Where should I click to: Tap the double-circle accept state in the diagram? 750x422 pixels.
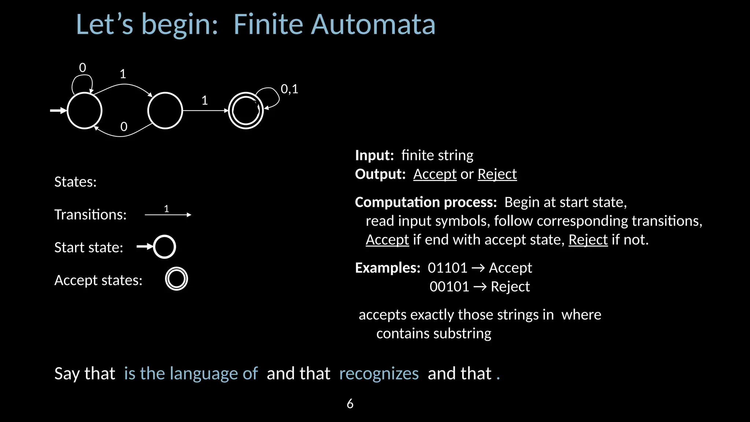click(246, 110)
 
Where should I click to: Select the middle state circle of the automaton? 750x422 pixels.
click(165, 110)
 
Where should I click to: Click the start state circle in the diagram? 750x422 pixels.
click(85, 110)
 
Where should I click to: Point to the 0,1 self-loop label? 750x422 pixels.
click(289, 89)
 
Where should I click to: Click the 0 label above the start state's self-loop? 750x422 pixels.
click(82, 68)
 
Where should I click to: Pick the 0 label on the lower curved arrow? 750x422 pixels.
click(124, 127)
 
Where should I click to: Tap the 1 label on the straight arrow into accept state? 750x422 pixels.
click(205, 100)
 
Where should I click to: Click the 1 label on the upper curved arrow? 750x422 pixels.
click(123, 74)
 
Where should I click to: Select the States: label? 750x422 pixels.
click(75, 182)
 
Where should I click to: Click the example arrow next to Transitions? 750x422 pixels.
click(168, 214)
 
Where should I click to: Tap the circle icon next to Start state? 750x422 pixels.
click(164, 247)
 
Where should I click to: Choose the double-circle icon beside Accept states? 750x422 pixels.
click(177, 279)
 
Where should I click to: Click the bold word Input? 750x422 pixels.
click(374, 155)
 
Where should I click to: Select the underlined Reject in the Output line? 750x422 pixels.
click(497, 174)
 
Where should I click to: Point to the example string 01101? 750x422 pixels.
click(448, 268)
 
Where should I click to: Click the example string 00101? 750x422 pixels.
click(449, 286)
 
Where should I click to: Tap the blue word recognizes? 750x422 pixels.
click(379, 374)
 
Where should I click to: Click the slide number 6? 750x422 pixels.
click(350, 404)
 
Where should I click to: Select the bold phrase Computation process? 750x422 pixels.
click(426, 202)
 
